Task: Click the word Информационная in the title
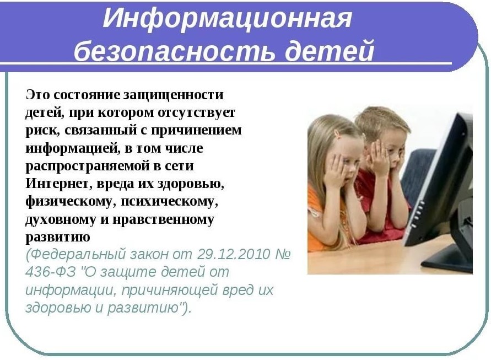click(228, 19)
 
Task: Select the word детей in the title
click(330, 50)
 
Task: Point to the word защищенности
click(173, 95)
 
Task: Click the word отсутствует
click(196, 112)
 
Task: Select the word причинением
click(197, 130)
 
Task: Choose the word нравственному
click(163, 219)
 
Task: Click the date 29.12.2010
click(234, 254)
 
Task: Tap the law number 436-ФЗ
click(50, 272)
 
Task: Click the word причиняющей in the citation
click(169, 291)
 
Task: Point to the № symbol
click(283, 254)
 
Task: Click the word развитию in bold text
click(58, 238)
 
